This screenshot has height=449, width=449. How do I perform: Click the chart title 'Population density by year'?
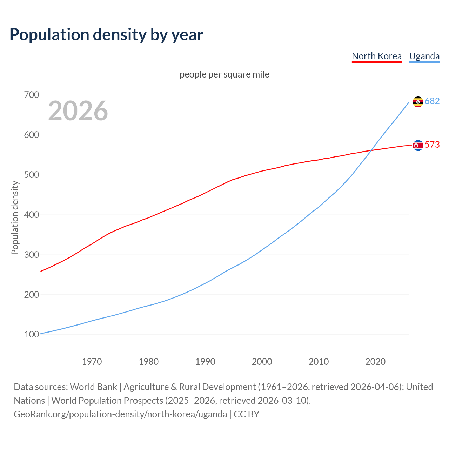click(x=106, y=34)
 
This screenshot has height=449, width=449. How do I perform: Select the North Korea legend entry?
click(x=376, y=56)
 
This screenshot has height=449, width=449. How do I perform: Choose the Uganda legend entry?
click(x=424, y=56)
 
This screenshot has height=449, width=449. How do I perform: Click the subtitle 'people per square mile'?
click(x=224, y=74)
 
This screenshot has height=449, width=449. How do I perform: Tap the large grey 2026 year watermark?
click(x=78, y=111)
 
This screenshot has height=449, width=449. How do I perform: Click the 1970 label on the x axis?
click(x=92, y=362)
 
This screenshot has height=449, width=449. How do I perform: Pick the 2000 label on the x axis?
click(x=262, y=362)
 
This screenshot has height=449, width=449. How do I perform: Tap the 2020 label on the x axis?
click(x=375, y=362)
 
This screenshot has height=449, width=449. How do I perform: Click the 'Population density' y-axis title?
click(x=15, y=217)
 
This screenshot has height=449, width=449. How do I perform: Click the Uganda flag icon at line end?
click(x=418, y=102)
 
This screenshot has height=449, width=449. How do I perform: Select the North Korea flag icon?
click(x=418, y=145)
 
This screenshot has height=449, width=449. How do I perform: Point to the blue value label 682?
click(x=432, y=101)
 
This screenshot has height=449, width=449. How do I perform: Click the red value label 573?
click(x=432, y=145)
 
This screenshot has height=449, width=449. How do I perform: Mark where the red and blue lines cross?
click(x=371, y=150)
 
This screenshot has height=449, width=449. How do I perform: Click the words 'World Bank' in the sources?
click(x=93, y=387)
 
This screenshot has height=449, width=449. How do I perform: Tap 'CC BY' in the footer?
click(x=246, y=414)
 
